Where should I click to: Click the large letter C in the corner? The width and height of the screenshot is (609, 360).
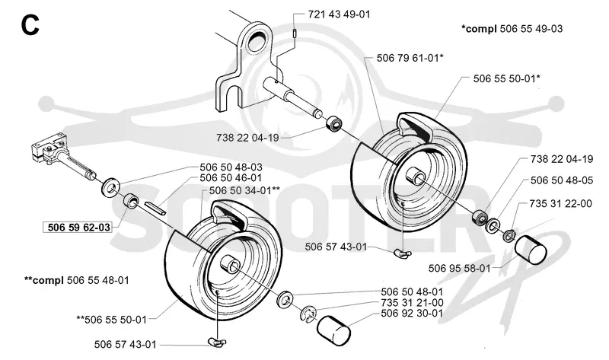coord(30,26)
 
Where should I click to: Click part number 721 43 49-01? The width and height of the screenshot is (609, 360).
coord(339,14)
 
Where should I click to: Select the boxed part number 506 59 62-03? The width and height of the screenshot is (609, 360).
coord(79,227)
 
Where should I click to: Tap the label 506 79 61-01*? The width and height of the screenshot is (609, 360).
coord(410,58)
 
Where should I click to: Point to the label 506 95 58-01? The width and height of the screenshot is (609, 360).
coord(460,269)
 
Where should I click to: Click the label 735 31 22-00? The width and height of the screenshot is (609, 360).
coord(560,203)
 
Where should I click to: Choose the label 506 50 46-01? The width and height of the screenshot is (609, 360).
coord(231,178)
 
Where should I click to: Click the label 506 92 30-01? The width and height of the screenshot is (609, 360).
coord(412,313)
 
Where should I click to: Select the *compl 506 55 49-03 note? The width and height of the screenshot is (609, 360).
coord(512,29)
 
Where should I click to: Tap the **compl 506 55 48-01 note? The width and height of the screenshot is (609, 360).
coord(77,280)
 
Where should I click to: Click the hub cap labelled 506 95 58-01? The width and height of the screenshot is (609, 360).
coord(531,250)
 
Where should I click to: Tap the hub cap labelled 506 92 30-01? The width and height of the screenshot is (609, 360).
coord(333,329)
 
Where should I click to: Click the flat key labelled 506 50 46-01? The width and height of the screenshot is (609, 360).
coord(155,207)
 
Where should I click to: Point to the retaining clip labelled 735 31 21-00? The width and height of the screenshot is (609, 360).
coord(309,314)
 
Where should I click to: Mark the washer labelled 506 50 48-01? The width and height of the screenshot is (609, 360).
coord(285,298)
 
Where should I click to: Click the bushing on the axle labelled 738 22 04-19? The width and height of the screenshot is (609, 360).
coord(333,125)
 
